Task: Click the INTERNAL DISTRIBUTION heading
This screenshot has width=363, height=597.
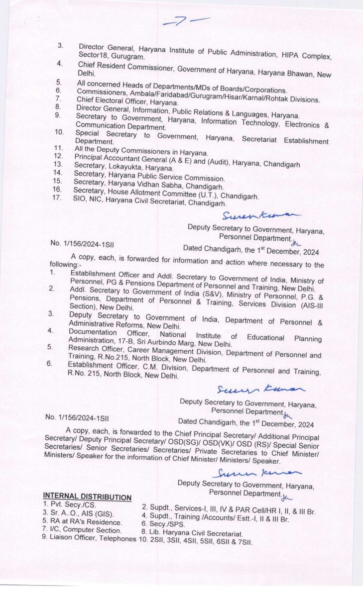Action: click(87, 497)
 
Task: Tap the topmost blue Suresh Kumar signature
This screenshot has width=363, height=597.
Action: click(261, 215)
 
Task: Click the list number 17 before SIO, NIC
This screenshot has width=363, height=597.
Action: click(57, 197)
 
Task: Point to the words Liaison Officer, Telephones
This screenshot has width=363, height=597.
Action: click(93, 538)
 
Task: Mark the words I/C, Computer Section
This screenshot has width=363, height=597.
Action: click(85, 530)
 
